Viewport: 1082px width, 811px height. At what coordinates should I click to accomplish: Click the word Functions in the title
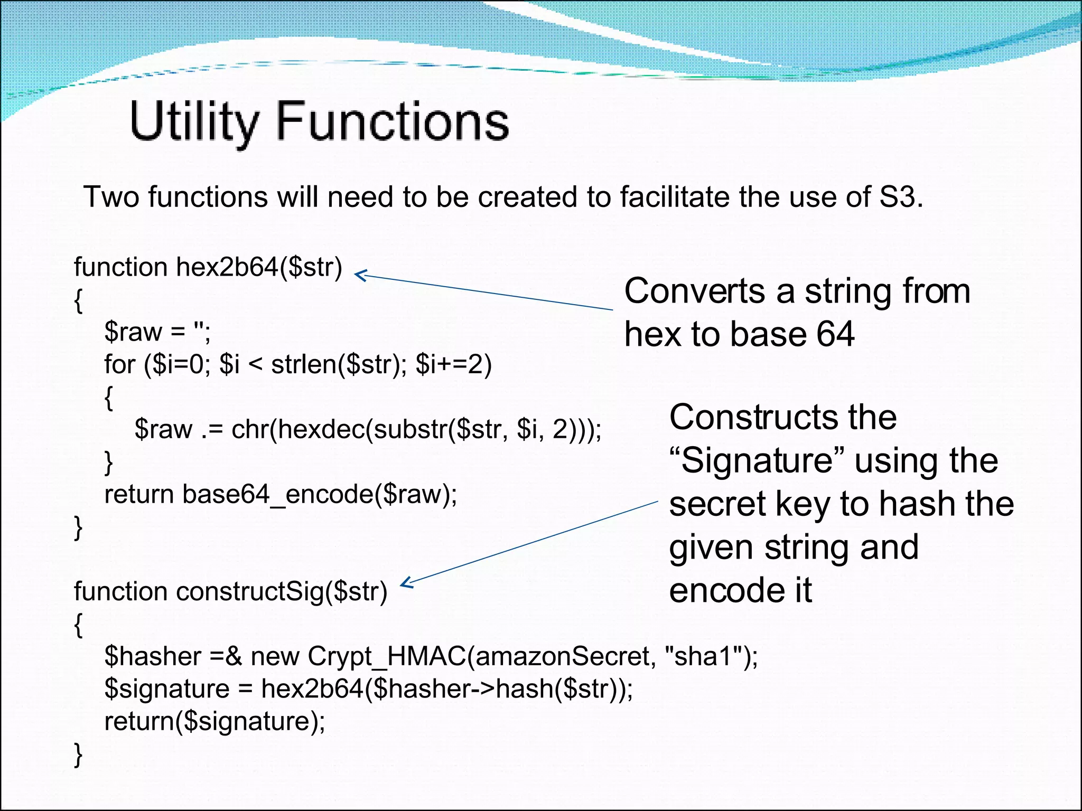392,122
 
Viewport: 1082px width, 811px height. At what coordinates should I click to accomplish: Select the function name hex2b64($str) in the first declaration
259,267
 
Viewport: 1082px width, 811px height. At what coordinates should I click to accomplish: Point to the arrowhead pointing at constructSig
406,583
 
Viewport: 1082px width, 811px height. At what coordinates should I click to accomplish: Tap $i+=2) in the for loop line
453,364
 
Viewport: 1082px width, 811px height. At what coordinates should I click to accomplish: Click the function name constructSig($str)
282,591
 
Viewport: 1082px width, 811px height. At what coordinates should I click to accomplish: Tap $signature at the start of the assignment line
166,689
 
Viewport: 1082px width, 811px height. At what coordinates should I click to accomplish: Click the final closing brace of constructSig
78,754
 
